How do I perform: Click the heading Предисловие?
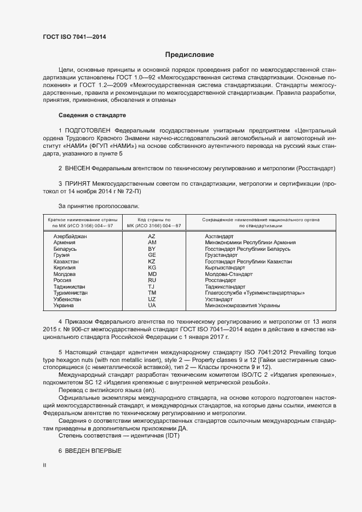[x=190, y=55]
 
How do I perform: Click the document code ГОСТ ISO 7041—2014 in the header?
[x=74, y=37]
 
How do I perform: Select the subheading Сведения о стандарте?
[x=92, y=116]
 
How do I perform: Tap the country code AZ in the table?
[x=152, y=236]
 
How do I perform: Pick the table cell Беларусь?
[x=65, y=249]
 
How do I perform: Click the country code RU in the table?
[x=152, y=280]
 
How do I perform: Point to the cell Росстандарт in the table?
[x=220, y=280]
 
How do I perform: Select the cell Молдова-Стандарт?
[x=228, y=274]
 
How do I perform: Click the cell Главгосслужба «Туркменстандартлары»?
[x=255, y=293]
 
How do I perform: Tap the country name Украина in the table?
[x=63, y=306]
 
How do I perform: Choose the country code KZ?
[x=152, y=261]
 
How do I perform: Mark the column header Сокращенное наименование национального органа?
[x=260, y=219]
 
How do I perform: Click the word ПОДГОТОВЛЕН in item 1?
[x=88, y=130]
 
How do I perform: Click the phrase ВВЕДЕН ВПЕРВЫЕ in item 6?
[x=93, y=450]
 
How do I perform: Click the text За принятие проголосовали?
[x=95, y=206]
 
